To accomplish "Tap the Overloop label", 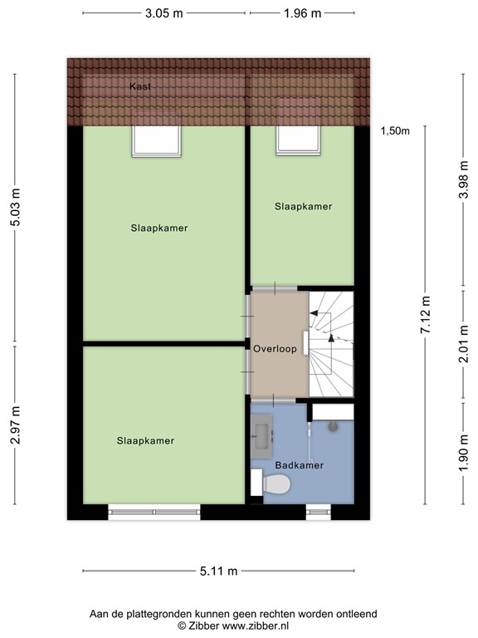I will [x=276, y=349].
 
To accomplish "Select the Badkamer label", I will [x=300, y=465].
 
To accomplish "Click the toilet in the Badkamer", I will [x=276, y=483].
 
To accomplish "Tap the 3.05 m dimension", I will [x=164, y=12].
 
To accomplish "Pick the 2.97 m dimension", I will [x=15, y=424].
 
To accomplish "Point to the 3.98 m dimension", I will [x=463, y=179].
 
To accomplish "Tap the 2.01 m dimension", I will [x=463, y=344].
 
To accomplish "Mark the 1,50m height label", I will [x=396, y=130].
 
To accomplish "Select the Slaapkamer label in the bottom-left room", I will [x=145, y=440].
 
